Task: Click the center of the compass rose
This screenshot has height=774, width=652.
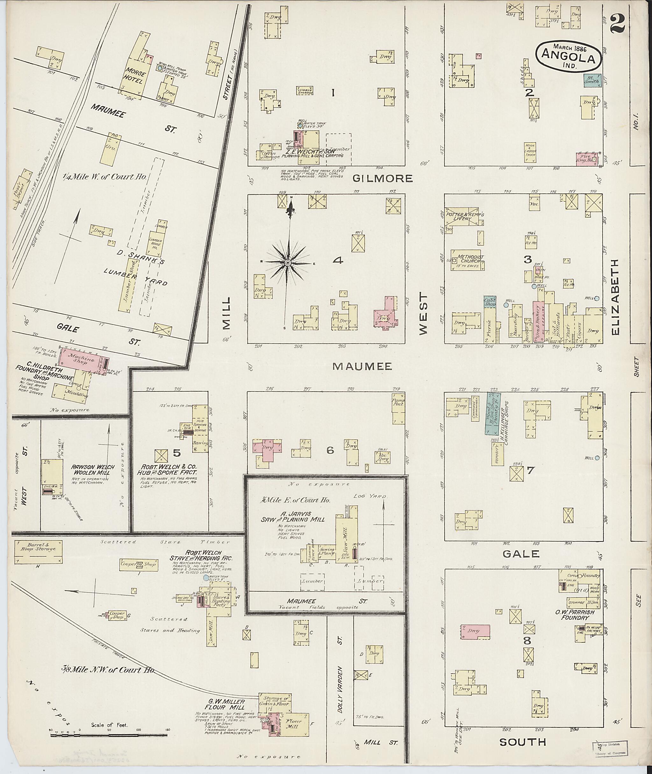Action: coord(287,262)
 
